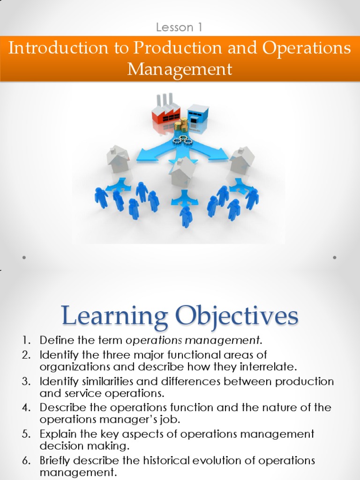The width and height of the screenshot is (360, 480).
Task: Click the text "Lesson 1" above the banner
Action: (x=179, y=27)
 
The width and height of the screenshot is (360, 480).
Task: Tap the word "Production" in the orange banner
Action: (x=177, y=48)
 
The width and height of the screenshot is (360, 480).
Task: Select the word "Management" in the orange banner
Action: (x=180, y=69)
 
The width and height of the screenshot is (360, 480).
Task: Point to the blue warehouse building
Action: (x=198, y=114)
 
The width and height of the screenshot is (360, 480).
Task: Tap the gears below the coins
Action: (x=182, y=140)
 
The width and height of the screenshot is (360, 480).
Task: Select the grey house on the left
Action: (x=118, y=159)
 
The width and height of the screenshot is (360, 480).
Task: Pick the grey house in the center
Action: (x=183, y=172)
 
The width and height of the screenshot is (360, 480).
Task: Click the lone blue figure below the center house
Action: (x=186, y=217)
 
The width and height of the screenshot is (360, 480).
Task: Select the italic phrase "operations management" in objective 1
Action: (x=193, y=340)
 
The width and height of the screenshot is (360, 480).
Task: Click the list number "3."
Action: (x=26, y=382)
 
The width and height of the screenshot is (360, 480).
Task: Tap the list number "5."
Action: (x=26, y=434)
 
